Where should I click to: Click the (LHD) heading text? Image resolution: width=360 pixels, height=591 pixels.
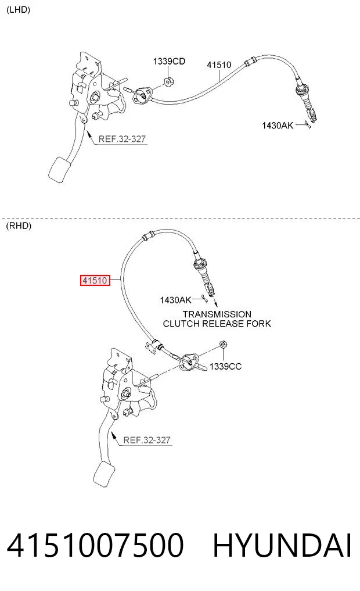18,10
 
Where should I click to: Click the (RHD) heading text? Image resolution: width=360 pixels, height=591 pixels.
19,226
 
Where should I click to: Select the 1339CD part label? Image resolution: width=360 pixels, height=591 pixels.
169,61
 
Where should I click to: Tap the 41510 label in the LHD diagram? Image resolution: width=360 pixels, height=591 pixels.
219,65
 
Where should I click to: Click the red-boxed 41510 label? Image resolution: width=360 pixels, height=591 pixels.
95,281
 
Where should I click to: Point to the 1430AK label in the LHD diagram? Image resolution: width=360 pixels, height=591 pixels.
278,125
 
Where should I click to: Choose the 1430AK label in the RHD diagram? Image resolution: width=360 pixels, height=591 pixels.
175,300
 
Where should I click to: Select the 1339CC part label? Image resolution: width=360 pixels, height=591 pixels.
225,366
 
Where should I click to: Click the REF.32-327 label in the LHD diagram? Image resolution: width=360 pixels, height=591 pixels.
122,139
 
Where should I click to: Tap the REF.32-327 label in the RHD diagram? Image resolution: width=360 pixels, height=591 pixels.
147,440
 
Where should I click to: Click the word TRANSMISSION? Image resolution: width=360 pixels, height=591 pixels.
217,314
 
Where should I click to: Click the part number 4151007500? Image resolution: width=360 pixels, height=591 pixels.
95,545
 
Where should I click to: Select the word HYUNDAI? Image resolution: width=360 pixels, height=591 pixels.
282,545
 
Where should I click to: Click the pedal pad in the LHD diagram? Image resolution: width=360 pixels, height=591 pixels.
60,170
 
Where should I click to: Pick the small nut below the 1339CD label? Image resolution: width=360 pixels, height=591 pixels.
168,82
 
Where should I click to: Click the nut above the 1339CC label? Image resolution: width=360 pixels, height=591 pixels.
223,344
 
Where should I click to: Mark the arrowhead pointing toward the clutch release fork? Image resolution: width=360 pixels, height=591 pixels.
216,304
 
